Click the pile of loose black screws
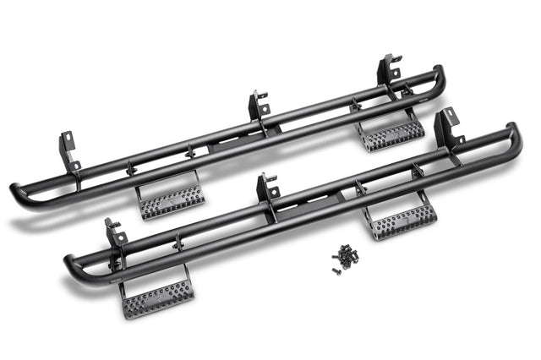pos(347,255)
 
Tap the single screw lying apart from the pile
pos(335,270)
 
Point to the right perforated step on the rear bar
pos(391,133)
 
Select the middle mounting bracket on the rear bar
pos(259,106)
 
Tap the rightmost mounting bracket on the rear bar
pos(389,68)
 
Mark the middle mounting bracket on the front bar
pos(268,188)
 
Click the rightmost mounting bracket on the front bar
pos(446,127)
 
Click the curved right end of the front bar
pos(514,134)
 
